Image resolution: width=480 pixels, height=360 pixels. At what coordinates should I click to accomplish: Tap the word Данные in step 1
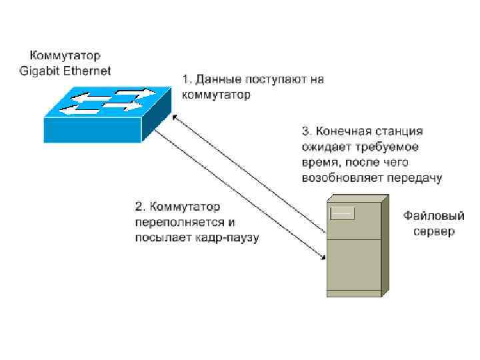219,80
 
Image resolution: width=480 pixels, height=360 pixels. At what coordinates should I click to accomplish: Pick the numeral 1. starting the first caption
187,80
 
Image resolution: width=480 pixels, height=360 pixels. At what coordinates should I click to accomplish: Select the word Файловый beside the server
433,217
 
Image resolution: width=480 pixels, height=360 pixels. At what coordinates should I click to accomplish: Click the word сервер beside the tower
433,232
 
